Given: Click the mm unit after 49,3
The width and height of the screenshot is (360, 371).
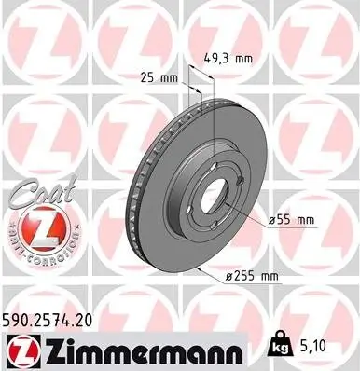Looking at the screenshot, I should tap(244, 58).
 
